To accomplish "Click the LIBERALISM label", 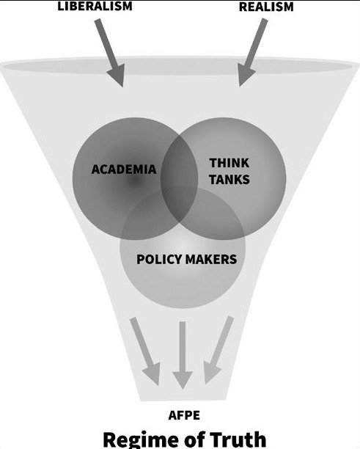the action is [x=95, y=6].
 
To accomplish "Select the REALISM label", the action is [x=266, y=7].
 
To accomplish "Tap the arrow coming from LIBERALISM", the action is [x=110, y=53].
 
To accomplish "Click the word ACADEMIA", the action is [x=124, y=169].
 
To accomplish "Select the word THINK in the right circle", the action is [x=229, y=163].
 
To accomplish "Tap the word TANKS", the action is [x=229, y=180].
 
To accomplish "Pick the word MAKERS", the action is [x=211, y=259].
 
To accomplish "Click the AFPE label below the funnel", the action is [x=184, y=415].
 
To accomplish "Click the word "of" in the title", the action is [x=190, y=439].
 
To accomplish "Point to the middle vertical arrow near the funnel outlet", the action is [x=183, y=355].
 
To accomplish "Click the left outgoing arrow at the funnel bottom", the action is [x=144, y=351].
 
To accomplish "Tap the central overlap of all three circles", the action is [x=180, y=205].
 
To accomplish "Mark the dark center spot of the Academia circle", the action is [x=134, y=180].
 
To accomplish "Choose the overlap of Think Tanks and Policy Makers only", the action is [x=215, y=218].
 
